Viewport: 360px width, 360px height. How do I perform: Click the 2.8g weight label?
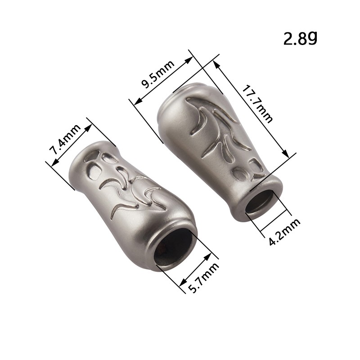pos(300,38)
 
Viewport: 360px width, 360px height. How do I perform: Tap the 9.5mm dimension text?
pos(158,75)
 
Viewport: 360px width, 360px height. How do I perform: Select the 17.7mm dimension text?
pos(257,104)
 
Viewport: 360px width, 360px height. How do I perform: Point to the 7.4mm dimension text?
pos(65,139)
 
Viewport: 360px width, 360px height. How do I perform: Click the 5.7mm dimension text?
pos(203,278)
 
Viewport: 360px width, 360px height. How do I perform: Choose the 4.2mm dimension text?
pos(284,232)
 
